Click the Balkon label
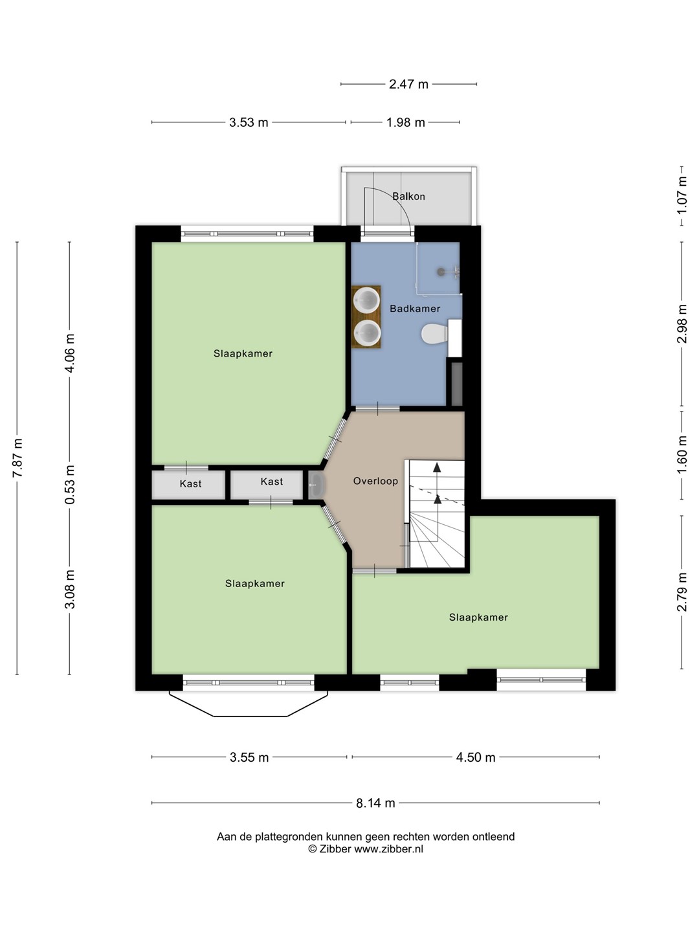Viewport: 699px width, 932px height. pyautogui.click(x=408, y=196)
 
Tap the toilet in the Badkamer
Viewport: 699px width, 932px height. pyautogui.click(x=434, y=333)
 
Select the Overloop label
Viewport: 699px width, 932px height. pyautogui.click(x=375, y=481)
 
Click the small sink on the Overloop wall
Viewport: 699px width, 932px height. pyautogui.click(x=316, y=485)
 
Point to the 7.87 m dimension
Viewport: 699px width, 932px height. pyautogui.click(x=18, y=458)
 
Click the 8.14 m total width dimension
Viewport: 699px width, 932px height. pyautogui.click(x=375, y=803)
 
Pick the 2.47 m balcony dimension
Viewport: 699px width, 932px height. pyautogui.click(x=408, y=84)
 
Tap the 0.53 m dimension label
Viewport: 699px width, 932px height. pyautogui.click(x=70, y=485)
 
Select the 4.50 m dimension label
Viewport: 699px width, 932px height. pyautogui.click(x=475, y=757)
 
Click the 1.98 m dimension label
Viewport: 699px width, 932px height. pyautogui.click(x=405, y=122)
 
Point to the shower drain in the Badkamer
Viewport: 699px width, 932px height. pyautogui.click(x=441, y=271)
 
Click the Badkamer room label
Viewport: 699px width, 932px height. pyautogui.click(x=415, y=309)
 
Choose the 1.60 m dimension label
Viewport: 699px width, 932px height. pyautogui.click(x=682, y=455)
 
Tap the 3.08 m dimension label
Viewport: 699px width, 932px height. pyautogui.click(x=70, y=590)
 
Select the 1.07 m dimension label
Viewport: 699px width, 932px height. pyautogui.click(x=682, y=195)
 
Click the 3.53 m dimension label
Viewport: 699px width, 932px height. pyautogui.click(x=249, y=122)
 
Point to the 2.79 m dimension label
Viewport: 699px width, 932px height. pyautogui.click(x=682, y=592)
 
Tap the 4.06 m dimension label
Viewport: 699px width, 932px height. pyautogui.click(x=70, y=353)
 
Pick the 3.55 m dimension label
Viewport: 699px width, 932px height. pyautogui.click(x=249, y=757)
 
